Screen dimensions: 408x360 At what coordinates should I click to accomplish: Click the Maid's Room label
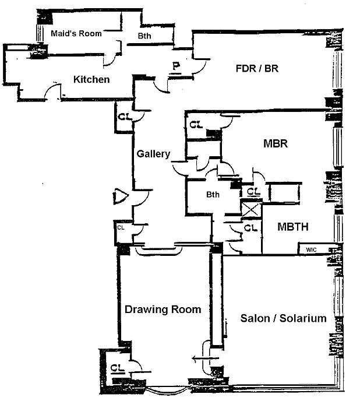76,33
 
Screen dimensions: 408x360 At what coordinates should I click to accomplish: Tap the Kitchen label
91,79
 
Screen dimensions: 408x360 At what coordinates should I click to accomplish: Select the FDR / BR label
257,68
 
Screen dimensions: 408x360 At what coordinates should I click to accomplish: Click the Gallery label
153,154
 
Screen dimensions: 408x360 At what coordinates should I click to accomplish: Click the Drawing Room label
163,309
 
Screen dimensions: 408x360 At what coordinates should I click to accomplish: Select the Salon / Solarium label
283,319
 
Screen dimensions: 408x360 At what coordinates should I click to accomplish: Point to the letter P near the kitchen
176,66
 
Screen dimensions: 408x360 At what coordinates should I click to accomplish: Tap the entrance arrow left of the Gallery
119,196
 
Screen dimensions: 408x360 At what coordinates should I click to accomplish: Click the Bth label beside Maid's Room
144,36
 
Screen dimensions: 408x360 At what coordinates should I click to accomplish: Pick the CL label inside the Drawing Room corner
117,368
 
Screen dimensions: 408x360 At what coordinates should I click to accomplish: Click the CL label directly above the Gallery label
125,115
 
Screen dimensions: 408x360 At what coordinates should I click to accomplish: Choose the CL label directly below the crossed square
249,227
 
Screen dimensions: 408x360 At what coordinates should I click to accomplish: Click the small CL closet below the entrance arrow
121,227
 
